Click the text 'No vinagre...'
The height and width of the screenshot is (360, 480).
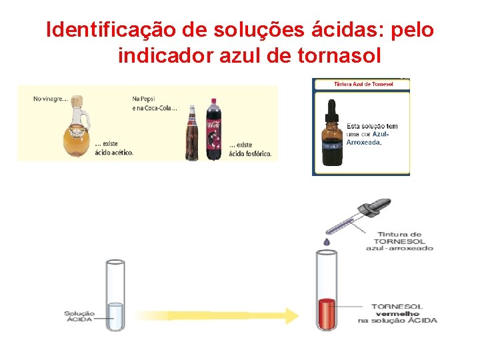[x=50, y=99]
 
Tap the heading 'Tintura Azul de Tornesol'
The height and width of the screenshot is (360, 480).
[x=363, y=84]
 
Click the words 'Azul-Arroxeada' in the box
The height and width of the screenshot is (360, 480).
[x=367, y=138]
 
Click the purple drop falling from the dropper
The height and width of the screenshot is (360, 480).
[x=326, y=241]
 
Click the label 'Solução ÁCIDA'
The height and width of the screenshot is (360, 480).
[x=79, y=316]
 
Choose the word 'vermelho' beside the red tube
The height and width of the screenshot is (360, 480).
[x=397, y=313]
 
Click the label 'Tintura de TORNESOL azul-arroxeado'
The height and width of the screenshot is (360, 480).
[x=399, y=241]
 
